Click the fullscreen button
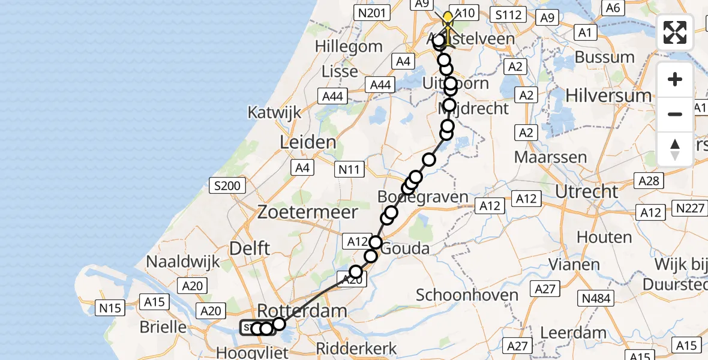point(675,32)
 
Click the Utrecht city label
point(587,192)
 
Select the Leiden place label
point(308,142)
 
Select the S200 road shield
point(227,185)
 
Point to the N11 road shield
point(349,170)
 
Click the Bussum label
point(604,58)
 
